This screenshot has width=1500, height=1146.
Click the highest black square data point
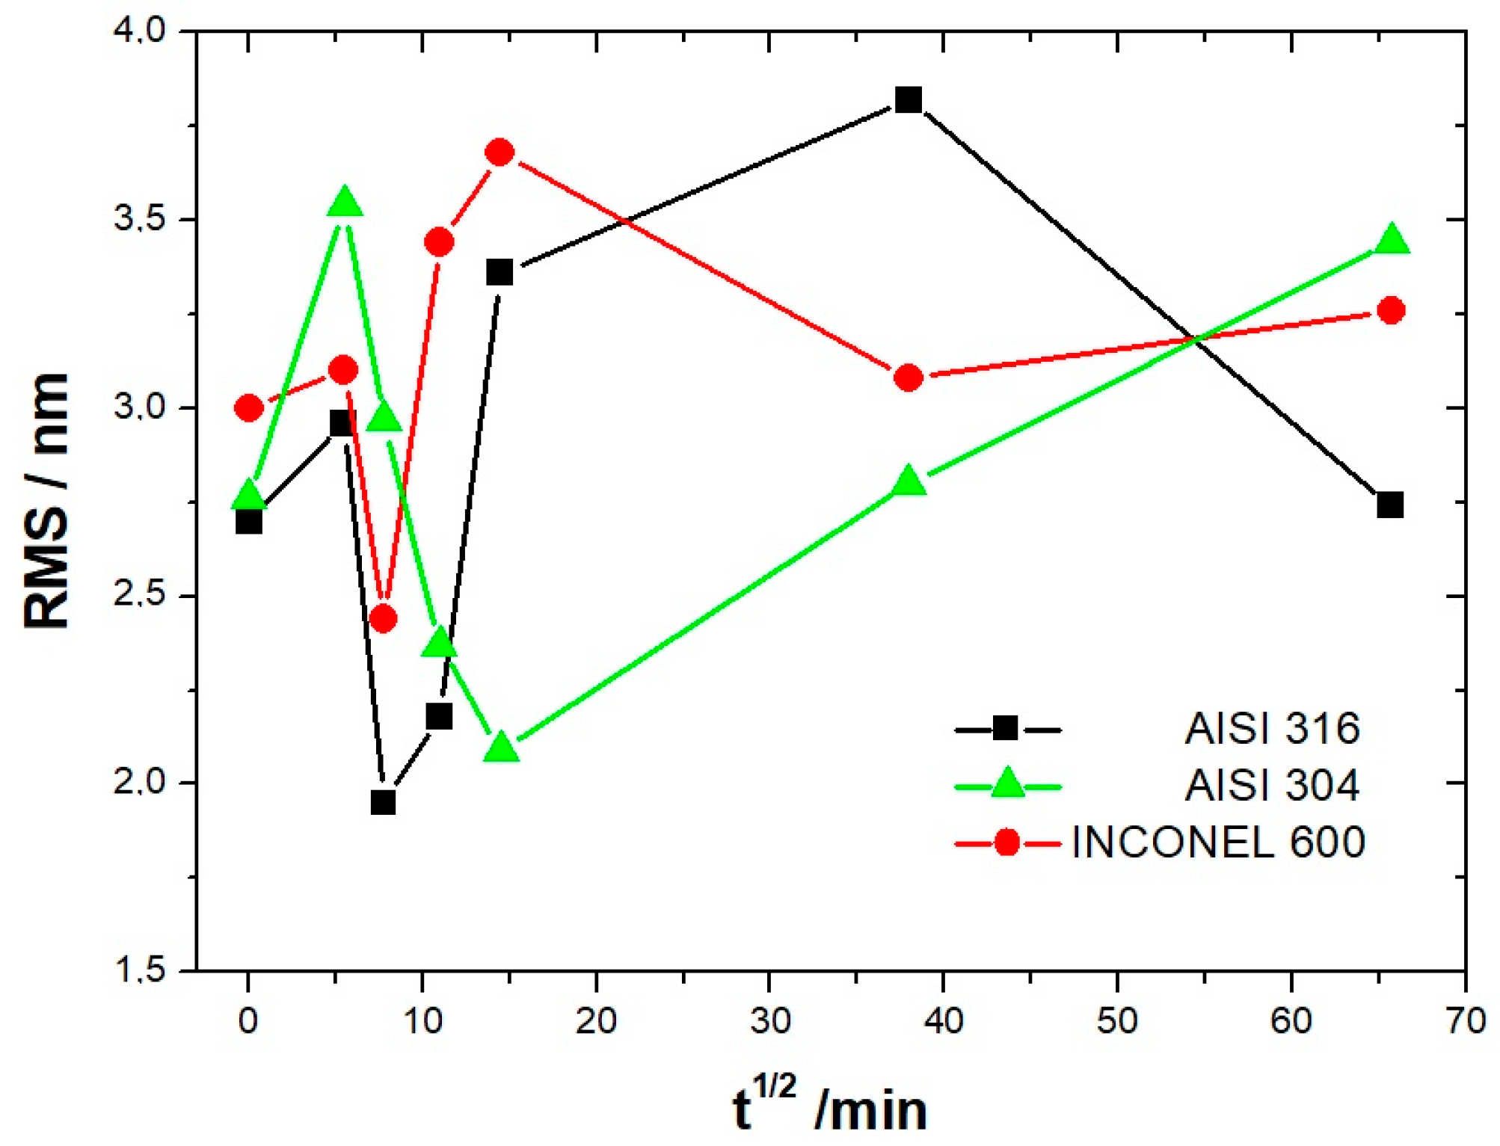[908, 99]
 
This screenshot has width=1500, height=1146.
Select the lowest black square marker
[383, 803]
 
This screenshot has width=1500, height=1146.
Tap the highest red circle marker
[500, 153]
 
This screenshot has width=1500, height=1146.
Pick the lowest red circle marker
[383, 619]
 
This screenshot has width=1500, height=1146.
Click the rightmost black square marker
[1389, 505]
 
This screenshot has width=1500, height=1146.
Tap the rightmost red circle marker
[1391, 310]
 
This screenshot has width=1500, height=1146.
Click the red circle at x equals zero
[249, 408]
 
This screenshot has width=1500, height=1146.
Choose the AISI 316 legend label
[1272, 728]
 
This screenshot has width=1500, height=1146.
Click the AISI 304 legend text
[1272, 786]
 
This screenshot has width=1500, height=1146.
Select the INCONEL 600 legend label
[1218, 842]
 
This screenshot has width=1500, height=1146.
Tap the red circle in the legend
[1006, 843]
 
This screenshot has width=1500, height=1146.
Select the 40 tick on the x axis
[943, 1020]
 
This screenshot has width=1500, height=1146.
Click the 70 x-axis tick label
[1464, 1020]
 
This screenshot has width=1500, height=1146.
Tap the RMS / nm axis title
[46, 501]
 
